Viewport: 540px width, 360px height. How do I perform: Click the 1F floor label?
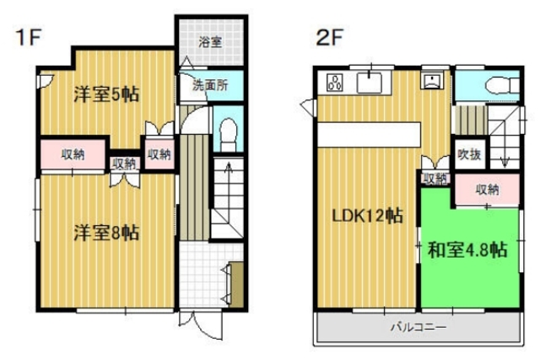(24, 37)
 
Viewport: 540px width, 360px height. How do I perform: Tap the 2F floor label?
(328, 37)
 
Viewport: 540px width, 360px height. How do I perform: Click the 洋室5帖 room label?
(105, 95)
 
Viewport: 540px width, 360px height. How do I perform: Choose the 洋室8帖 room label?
(105, 231)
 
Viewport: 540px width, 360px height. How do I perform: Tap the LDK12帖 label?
(365, 217)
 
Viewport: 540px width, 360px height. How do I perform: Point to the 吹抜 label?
(469, 154)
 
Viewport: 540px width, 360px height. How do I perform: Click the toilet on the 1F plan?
(226, 133)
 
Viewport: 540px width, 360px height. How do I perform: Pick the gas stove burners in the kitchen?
(333, 83)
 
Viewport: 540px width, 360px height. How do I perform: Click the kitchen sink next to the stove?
(370, 82)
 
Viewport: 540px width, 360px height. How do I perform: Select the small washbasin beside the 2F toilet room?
(435, 82)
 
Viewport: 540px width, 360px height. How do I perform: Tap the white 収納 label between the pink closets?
(124, 164)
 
